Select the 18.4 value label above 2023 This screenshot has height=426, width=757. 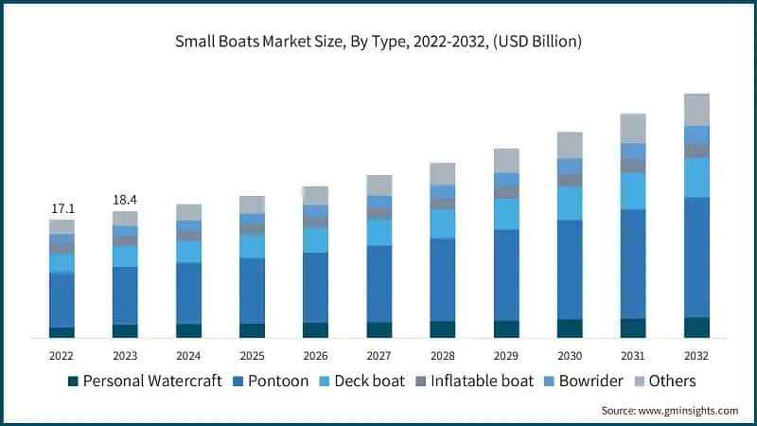click(125, 200)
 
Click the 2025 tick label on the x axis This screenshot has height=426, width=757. click(252, 355)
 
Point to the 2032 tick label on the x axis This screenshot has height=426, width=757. click(696, 355)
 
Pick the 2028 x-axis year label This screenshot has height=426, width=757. click(442, 355)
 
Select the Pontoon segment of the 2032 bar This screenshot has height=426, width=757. click(696, 257)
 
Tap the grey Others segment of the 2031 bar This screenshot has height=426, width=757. click(633, 128)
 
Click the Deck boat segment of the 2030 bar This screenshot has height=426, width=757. click(570, 203)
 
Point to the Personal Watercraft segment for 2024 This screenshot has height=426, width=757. click(188, 330)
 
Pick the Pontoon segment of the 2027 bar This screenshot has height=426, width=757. click(378, 283)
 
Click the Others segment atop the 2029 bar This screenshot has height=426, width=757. click(506, 160)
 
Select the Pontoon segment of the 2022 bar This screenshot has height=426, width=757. click(62, 299)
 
